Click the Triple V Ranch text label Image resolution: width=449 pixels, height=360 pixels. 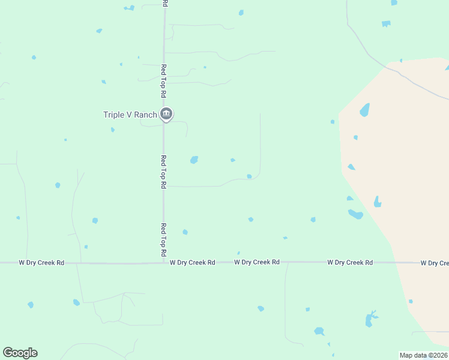[x=130, y=115]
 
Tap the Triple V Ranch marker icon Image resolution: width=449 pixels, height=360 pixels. [x=167, y=114]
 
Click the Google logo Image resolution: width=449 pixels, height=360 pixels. [x=20, y=353]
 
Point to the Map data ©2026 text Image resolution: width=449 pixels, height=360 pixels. [x=423, y=355]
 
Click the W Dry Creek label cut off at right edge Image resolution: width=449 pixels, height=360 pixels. [x=434, y=263]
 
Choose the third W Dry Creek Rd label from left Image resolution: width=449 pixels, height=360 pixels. [x=256, y=262]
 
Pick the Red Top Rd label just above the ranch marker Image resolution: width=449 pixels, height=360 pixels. [x=163, y=82]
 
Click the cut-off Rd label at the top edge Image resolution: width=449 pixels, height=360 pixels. [x=164, y=3]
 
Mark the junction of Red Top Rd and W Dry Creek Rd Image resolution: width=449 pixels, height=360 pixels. [x=164, y=263]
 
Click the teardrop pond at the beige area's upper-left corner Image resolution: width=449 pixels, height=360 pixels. [x=364, y=110]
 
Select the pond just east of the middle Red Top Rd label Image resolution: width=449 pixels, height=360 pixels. [x=194, y=160]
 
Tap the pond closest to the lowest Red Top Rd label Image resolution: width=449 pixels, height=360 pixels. [x=185, y=232]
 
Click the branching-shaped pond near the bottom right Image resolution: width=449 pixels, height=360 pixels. [x=370, y=319]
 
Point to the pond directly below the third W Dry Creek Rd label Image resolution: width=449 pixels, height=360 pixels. [x=261, y=308]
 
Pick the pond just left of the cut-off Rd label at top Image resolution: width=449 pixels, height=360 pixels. [x=129, y=8]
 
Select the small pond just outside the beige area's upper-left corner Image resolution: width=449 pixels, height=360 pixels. [x=332, y=122]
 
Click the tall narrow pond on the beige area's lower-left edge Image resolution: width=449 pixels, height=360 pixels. [x=377, y=202]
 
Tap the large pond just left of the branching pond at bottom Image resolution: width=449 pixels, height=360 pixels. [x=319, y=331]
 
